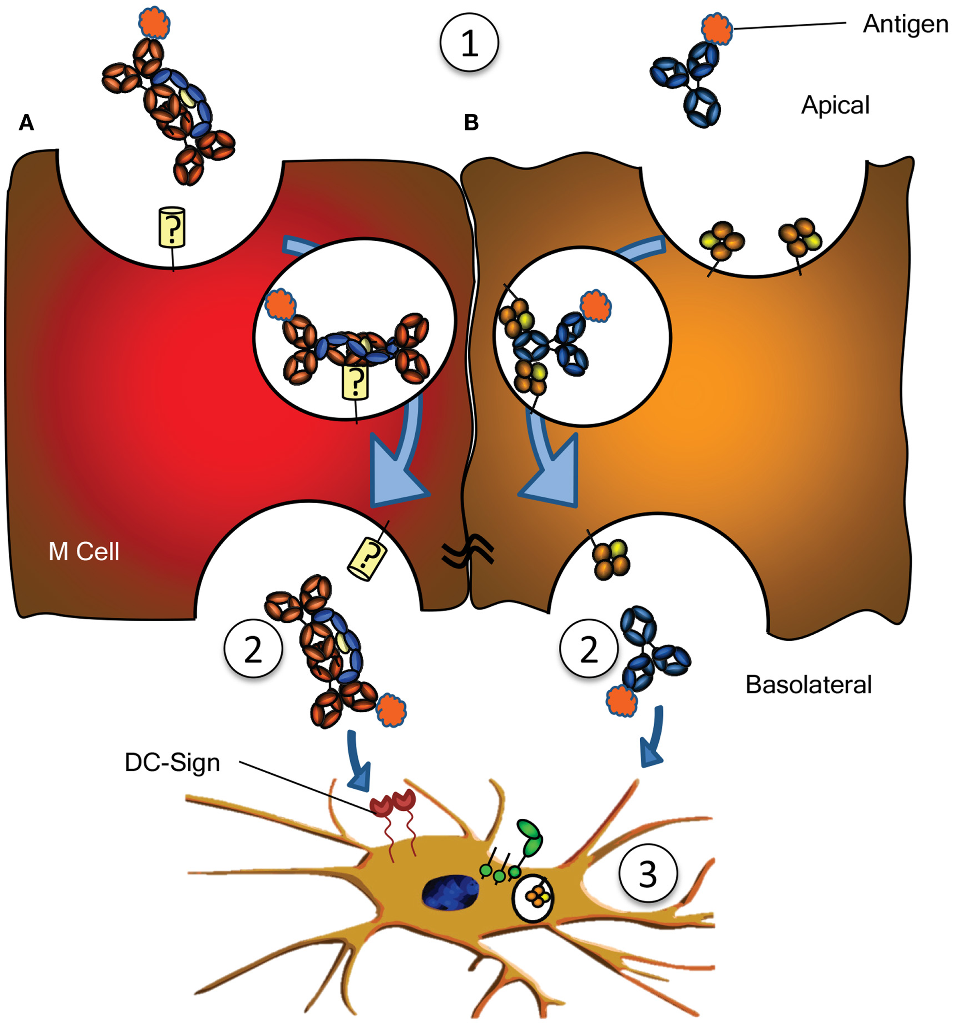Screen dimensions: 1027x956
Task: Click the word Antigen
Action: tap(905, 24)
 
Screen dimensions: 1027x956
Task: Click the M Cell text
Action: tap(84, 552)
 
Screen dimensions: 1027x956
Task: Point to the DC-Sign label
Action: tap(172, 762)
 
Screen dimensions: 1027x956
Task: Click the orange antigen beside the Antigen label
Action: tap(717, 28)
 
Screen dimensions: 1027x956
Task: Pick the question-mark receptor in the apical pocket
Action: tap(171, 227)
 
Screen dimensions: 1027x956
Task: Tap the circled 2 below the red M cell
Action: tap(253, 649)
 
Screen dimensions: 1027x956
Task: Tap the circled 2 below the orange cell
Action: tap(588, 649)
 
